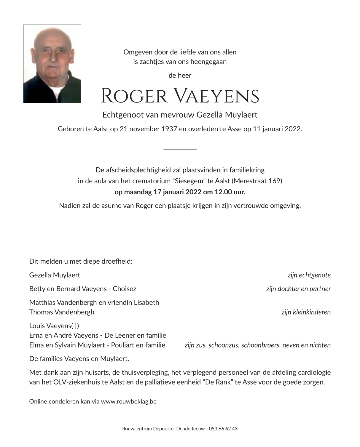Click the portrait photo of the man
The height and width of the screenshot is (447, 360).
[52, 64]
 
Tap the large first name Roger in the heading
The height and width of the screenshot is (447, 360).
[134, 96]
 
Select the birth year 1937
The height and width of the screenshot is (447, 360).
[169, 129]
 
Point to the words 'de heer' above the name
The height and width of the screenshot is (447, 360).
[180, 75]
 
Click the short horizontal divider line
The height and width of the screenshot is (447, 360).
[180, 149]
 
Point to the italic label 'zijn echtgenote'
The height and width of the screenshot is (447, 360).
[309, 275]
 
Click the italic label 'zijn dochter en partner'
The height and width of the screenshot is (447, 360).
[298, 289]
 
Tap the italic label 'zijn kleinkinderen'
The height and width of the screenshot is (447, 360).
[306, 312]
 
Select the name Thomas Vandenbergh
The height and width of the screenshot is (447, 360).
[62, 312]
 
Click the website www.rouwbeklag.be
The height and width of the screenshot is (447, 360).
[129, 402]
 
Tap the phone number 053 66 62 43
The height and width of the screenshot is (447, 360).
[223, 429]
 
